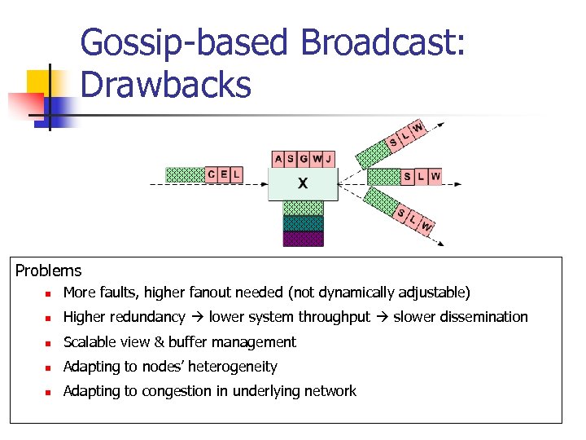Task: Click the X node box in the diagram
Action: pos(302,184)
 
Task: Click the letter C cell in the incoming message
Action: pos(212,174)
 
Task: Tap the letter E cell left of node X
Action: pos(224,174)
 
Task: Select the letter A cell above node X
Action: pos(279,159)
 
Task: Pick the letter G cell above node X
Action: pos(304,159)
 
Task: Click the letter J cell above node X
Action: pos(328,159)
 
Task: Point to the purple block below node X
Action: pos(303,239)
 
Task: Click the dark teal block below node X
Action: pos(303,223)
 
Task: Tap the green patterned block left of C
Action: pos(185,174)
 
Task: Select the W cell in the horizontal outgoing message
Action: pos(435,176)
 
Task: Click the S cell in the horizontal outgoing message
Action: pos(408,176)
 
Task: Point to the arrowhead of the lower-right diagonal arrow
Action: pos(442,241)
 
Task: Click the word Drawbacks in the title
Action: pos(166,84)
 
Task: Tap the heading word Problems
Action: pos(48,271)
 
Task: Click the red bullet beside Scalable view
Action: pos(49,343)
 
